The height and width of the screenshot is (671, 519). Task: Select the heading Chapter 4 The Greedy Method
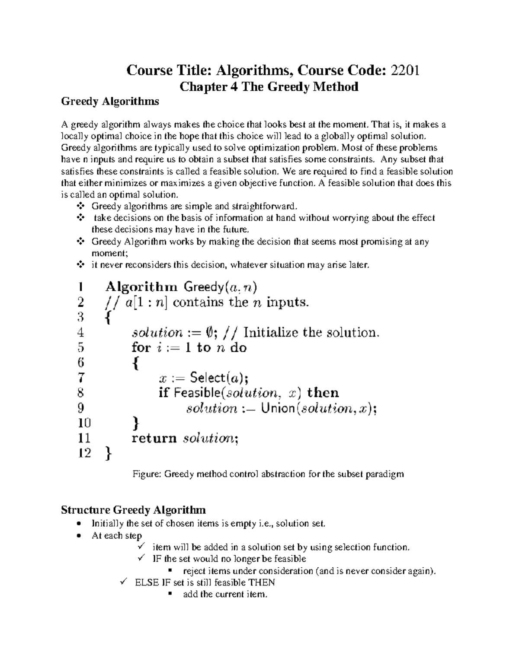269,87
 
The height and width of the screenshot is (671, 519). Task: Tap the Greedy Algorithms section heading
110,102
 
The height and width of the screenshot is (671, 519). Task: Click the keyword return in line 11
154,439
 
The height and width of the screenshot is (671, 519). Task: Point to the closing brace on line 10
135,423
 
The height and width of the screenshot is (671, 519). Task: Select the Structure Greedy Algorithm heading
133,510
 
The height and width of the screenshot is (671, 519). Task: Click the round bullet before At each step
78,536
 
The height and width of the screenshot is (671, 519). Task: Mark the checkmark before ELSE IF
122,582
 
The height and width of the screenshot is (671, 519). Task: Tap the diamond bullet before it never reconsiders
80,265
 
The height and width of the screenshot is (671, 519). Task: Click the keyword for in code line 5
141,348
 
